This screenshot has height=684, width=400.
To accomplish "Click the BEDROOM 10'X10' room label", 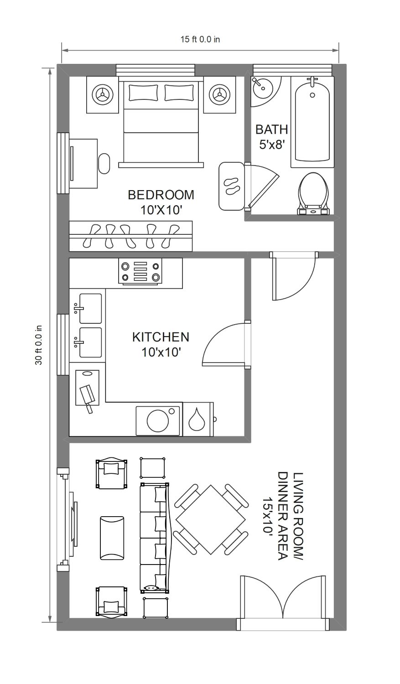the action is point(161,202).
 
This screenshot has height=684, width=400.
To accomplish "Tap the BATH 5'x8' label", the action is point(271,136).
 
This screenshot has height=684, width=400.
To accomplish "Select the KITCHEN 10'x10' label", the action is point(161,344).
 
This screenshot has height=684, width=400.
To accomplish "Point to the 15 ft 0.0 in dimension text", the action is point(200,39).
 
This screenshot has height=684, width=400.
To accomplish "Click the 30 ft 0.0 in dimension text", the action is point(38,345).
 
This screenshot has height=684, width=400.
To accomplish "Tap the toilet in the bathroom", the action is point(313,194).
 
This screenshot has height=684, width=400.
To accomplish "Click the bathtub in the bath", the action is point(312,122).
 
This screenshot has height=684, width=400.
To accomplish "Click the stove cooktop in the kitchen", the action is point(140,271).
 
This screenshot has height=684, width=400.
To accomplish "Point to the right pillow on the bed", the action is point(179,93).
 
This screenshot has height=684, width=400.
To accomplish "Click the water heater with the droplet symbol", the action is point(198,419).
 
